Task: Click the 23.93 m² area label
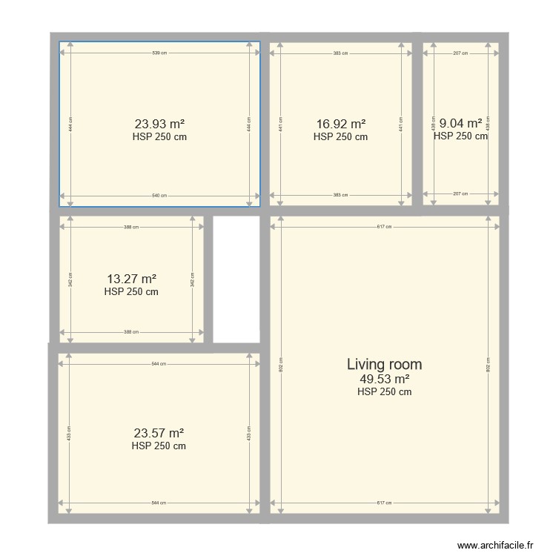point(159,125)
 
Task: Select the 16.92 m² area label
point(340,125)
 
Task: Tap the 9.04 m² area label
point(460,124)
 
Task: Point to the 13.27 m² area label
point(131,279)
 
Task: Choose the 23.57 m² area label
point(159,434)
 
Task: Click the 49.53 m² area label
point(384,380)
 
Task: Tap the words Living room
point(384,364)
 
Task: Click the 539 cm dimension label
point(159,53)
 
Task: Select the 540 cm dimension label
point(159,196)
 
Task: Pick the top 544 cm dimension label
point(159,364)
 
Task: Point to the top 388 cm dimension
point(131,228)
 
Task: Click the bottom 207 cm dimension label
point(460,193)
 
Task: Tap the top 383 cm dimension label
point(340,53)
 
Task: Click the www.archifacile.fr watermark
point(494,545)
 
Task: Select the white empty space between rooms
point(236,279)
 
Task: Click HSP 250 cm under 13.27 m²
point(131,292)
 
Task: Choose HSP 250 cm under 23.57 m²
point(159,446)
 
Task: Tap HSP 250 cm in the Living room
point(384,392)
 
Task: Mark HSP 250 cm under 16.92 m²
point(340,137)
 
